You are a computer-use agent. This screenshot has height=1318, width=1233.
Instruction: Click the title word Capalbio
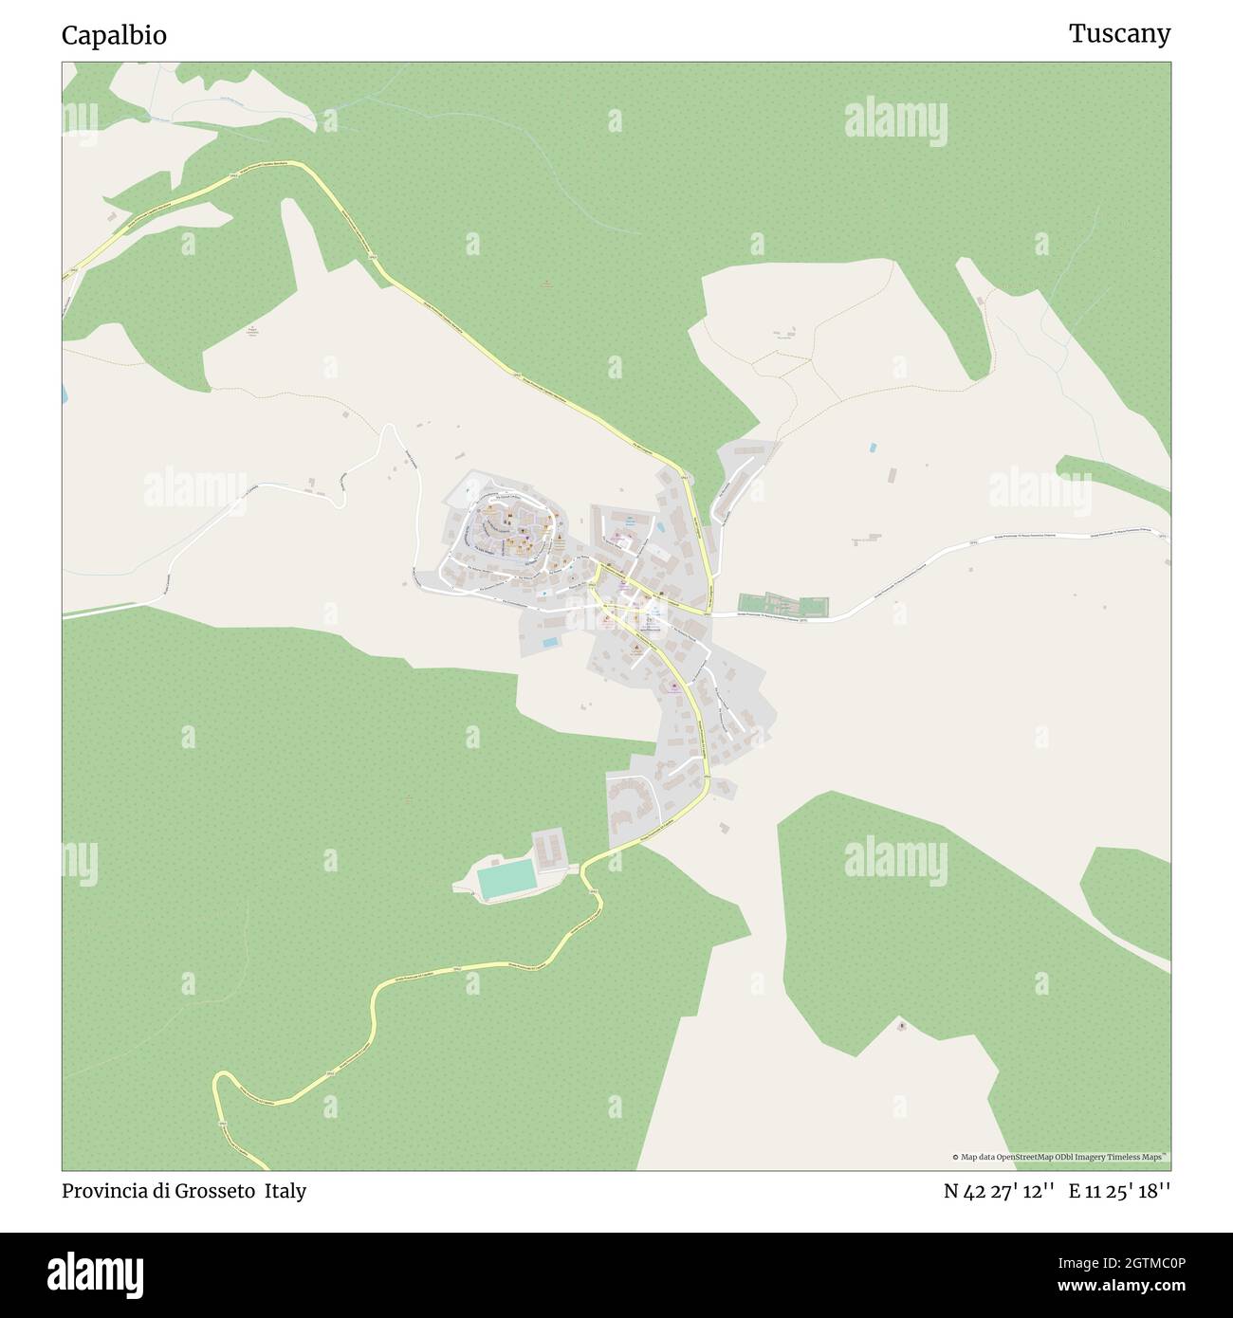114,35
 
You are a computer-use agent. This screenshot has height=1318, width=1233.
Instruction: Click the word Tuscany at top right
1119,34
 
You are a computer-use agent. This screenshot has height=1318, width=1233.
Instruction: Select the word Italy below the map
285,1191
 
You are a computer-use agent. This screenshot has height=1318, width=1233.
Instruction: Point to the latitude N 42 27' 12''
999,1191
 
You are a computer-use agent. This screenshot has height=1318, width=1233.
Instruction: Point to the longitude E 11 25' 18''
1119,1191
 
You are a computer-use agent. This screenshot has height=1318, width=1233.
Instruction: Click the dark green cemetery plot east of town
783,606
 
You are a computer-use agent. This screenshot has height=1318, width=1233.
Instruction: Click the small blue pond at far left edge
64,393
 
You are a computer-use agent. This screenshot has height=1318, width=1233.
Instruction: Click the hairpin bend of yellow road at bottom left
220,1081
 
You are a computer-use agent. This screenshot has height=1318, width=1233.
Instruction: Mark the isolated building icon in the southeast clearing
901,1026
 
